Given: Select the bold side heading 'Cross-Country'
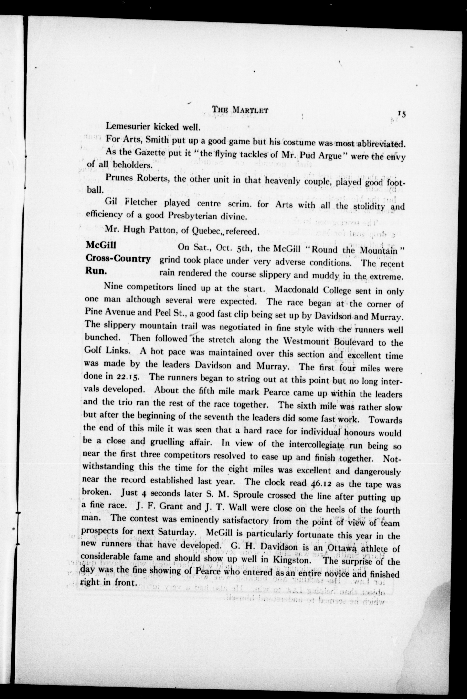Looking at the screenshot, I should (x=118, y=259).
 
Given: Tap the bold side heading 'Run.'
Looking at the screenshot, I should (x=96, y=271).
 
